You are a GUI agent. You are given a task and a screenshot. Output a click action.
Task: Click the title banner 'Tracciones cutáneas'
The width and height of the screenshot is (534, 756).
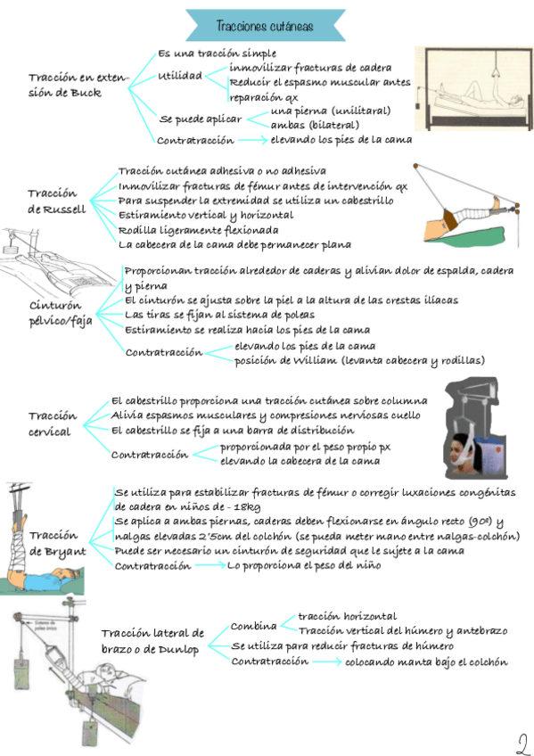coord(266,25)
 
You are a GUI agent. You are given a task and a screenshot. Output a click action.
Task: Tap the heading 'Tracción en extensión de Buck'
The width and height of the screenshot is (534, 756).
coord(78,85)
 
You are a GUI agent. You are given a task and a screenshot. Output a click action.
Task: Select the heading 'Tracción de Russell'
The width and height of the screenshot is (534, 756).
coord(57,201)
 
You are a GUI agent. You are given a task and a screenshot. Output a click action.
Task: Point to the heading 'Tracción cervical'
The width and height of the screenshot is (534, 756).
coord(53,423)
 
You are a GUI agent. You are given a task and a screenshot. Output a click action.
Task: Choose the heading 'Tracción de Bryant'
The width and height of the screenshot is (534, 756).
coord(58,543)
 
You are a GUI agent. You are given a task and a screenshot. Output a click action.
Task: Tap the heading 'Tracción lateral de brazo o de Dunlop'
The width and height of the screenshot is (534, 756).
coord(152,640)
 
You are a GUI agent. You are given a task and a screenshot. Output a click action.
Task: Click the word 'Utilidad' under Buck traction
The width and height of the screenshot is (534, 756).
coord(180,76)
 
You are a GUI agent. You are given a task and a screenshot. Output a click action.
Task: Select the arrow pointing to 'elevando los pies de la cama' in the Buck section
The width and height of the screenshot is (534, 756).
coord(252,140)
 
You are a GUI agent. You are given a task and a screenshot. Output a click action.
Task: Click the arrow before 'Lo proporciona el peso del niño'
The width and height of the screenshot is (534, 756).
coord(209,565)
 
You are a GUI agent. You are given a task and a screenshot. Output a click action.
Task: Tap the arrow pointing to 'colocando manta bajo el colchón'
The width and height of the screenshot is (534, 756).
coord(327,661)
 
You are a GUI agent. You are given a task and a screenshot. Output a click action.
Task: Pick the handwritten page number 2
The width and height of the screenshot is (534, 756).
coord(522,744)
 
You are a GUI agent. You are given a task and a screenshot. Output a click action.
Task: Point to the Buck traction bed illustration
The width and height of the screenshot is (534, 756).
coord(473,88)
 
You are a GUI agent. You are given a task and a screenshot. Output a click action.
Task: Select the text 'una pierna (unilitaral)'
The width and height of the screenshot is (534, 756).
coord(331,111)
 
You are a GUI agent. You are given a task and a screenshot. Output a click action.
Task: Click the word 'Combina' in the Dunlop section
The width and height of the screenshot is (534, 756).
coord(253,626)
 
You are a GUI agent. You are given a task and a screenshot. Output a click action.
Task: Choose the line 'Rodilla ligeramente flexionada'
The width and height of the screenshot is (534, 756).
coord(198,230)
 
